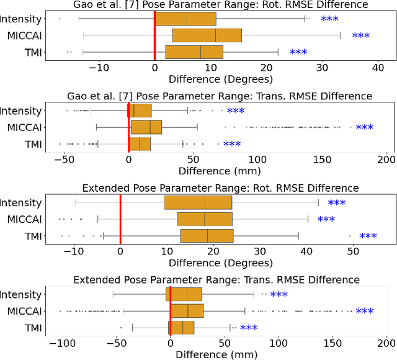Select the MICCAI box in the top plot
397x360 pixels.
pyautogui.click(x=207, y=35)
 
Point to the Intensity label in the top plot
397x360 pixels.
pyautogui.click(x=22, y=19)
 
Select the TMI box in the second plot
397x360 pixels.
pyautogui.click(x=140, y=144)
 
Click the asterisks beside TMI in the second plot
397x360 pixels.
pyautogui.click(x=231, y=145)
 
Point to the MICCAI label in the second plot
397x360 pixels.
pyautogui.click(x=24, y=127)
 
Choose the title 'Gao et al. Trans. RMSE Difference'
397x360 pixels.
pyautogui.click(x=220, y=96)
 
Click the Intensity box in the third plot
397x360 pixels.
pyautogui.click(x=198, y=202)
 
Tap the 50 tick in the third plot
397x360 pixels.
pyautogui.click(x=352, y=251)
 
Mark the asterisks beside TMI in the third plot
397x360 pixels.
pyautogui.click(x=368, y=236)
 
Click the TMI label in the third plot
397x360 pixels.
pyautogui.click(x=32, y=236)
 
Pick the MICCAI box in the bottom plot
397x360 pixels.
pyautogui.click(x=187, y=311)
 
